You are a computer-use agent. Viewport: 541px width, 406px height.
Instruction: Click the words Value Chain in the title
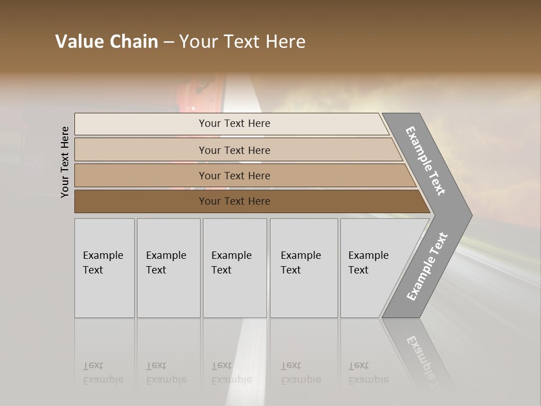click(107, 42)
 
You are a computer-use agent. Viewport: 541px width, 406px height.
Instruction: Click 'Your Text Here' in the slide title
click(242, 42)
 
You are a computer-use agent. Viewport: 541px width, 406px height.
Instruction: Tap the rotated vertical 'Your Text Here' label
click(65, 162)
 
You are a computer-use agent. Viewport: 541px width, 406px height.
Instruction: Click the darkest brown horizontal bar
click(141, 201)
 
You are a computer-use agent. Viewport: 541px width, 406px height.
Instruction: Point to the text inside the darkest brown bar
click(234, 201)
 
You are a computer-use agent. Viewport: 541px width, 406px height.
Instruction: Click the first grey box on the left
click(104, 268)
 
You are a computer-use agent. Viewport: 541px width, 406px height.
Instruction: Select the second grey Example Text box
click(168, 268)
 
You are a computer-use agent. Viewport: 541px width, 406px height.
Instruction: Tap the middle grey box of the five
click(234, 268)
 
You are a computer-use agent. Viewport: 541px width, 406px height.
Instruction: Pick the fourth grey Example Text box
click(304, 268)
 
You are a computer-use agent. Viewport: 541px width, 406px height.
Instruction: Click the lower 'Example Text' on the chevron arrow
click(427, 266)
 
